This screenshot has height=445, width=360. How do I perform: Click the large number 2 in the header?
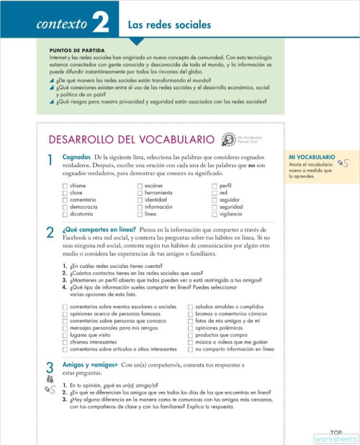100,24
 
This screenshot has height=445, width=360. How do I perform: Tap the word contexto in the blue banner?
63,25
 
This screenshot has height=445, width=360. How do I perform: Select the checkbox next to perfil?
215,186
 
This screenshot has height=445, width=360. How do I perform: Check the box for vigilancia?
215,214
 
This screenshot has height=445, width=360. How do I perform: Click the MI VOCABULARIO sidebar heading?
312,157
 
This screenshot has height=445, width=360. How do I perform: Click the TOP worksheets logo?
336,436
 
